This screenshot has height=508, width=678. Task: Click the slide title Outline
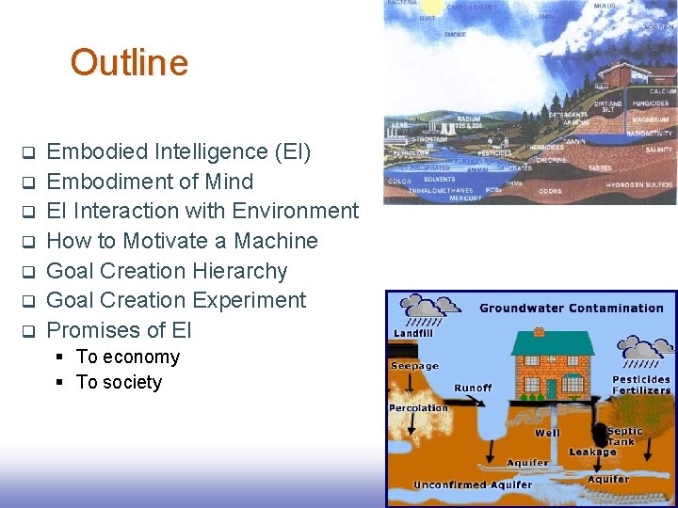pyautogui.click(x=129, y=63)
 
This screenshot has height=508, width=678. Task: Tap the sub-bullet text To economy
pyautogui.click(x=127, y=357)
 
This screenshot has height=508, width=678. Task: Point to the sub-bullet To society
pyautogui.click(x=119, y=382)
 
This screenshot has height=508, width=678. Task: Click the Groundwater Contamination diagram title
pyautogui.click(x=571, y=309)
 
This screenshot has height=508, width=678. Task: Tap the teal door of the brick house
pyautogui.click(x=552, y=387)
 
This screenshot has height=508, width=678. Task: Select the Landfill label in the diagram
pyautogui.click(x=413, y=332)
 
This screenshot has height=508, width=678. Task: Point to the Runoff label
pyautogui.click(x=472, y=388)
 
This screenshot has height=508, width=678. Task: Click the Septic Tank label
pyautogui.click(x=624, y=437)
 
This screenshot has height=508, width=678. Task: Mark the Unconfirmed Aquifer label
pyautogui.click(x=472, y=485)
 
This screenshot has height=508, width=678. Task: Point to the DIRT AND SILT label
pyautogui.click(x=608, y=108)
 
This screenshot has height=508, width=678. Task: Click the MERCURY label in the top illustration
pyautogui.click(x=465, y=198)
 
